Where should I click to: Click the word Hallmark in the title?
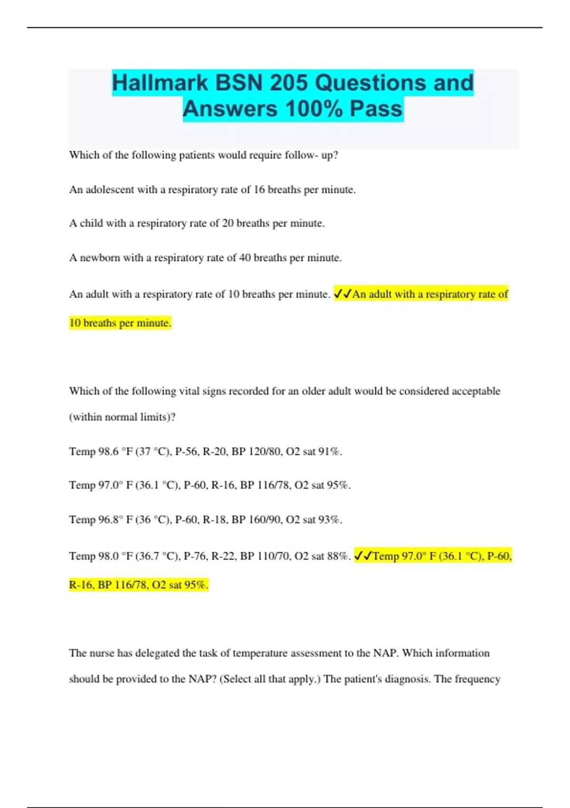[x=160, y=83]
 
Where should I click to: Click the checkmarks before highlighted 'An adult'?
[x=342, y=294]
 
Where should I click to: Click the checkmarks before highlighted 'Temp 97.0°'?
[x=363, y=556]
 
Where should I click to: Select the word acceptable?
[x=475, y=391]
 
